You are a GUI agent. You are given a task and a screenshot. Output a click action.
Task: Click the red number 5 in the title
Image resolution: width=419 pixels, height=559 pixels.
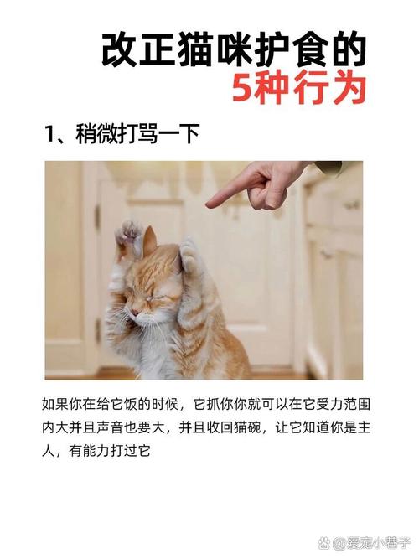click(x=242, y=88)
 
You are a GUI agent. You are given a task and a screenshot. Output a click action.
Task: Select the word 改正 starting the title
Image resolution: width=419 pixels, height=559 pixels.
click(x=130, y=50)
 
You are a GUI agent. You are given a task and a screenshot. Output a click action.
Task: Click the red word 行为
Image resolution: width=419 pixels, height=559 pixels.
click(x=335, y=88)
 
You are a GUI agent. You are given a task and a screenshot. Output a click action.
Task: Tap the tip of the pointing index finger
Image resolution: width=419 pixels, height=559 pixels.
click(x=210, y=200)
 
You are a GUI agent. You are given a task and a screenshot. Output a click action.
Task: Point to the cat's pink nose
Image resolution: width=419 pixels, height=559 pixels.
click(x=136, y=311)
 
